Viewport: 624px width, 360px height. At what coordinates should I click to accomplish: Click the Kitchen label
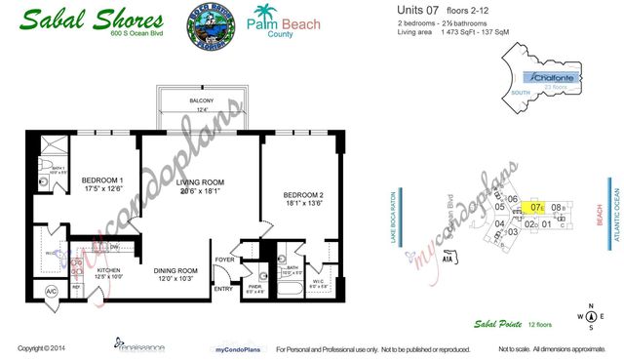point(108,272)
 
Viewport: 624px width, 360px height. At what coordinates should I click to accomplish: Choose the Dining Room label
point(175,275)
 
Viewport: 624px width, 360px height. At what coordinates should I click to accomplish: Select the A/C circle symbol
point(52,292)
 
